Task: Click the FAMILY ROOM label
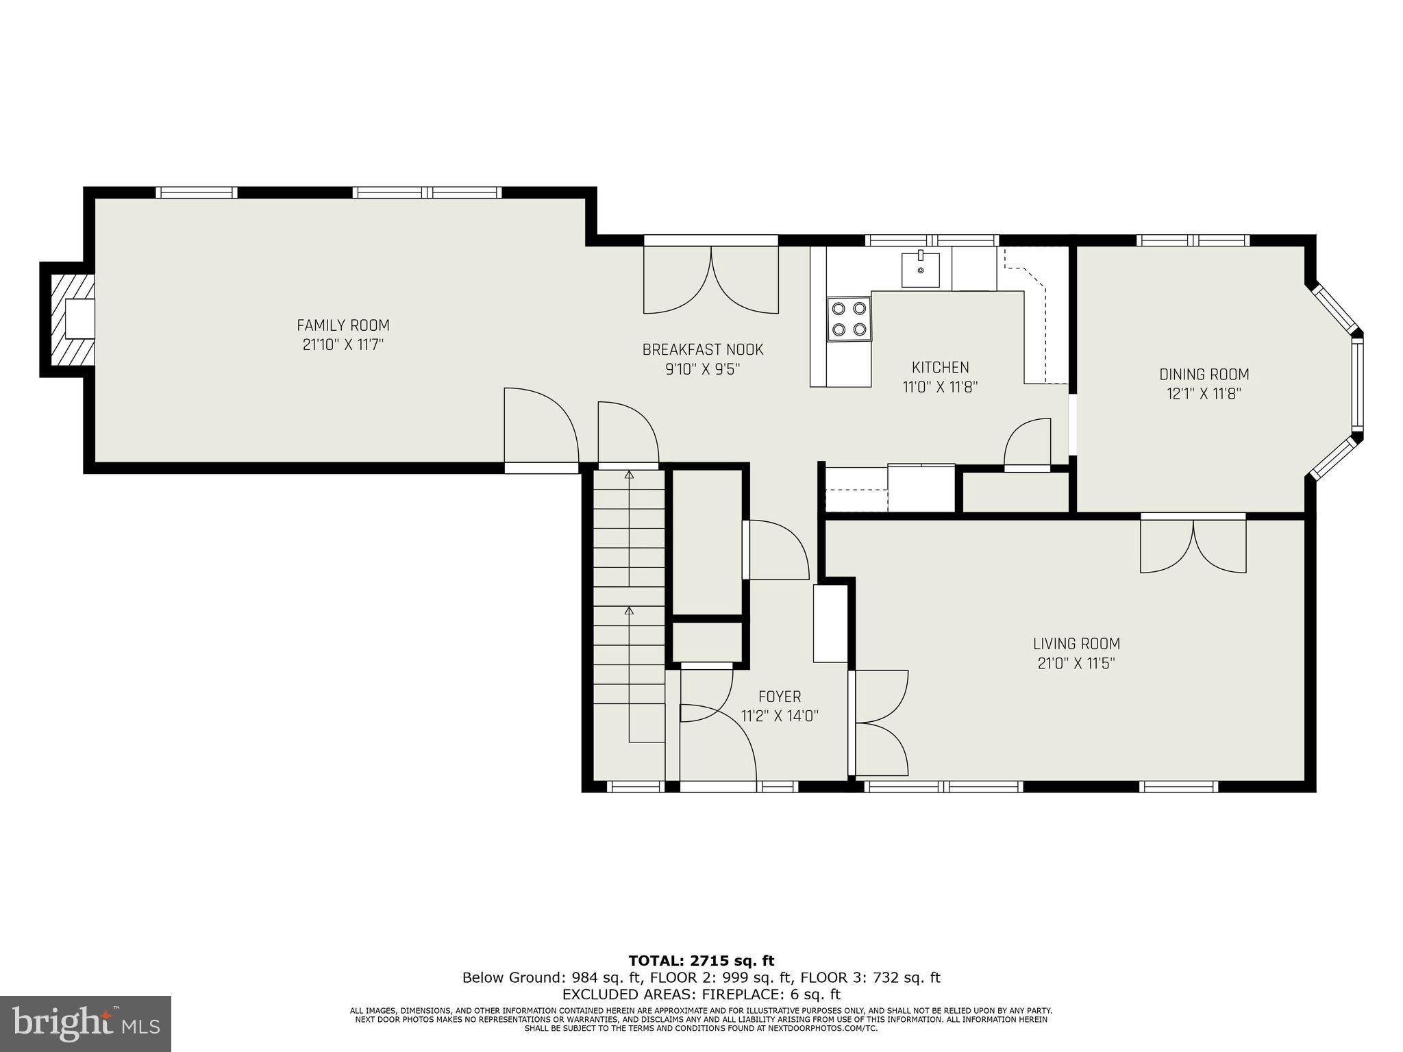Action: coord(343,325)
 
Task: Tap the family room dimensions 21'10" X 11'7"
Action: coord(343,345)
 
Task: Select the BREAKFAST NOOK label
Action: coord(702,350)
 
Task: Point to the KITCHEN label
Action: coord(940,367)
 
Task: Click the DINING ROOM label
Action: coord(1204,375)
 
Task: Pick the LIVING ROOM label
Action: coord(1076,644)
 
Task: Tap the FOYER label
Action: coord(780,697)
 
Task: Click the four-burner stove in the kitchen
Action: coord(849,319)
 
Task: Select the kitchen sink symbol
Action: coord(920,269)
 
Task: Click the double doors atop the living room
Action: coord(1193,544)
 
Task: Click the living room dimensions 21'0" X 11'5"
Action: coord(1076,664)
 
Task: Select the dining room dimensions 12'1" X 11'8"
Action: coord(1204,394)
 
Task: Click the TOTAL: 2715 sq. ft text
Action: coord(701,961)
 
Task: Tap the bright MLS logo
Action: coord(85,1023)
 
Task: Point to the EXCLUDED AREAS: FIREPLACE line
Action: coord(701,994)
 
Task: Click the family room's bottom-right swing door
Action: coord(541,428)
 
